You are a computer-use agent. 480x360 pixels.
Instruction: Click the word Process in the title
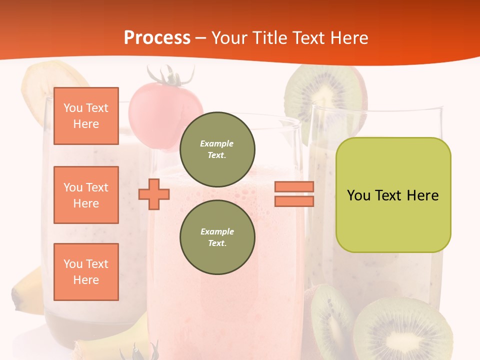(157, 38)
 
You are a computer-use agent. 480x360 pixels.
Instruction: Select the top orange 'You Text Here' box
(86, 116)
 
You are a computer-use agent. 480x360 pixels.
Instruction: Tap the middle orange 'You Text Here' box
(86, 195)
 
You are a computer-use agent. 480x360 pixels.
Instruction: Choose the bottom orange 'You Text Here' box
(86, 272)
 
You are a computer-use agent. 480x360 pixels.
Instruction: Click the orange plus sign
(153, 194)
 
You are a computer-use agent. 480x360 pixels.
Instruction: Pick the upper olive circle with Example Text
(217, 149)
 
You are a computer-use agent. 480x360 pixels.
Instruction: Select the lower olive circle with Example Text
(217, 237)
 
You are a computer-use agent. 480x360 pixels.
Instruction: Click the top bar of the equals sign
(294, 186)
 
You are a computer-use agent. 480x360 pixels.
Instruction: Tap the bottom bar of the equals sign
(294, 201)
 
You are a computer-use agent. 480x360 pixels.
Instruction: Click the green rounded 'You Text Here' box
(393, 195)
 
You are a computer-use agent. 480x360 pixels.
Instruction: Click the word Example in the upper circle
(217, 143)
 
